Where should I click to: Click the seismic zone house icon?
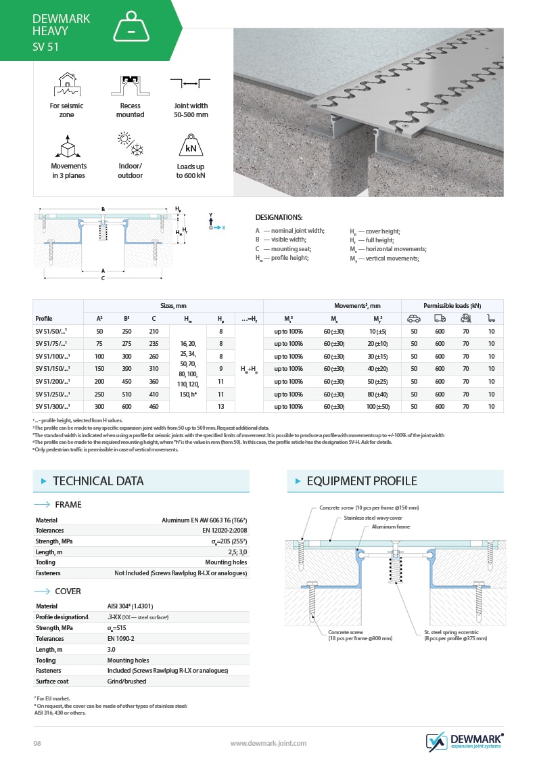pos(66,83)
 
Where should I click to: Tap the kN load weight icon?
pos(191,145)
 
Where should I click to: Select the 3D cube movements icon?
pos(68,145)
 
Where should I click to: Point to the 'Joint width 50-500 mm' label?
pos(191,110)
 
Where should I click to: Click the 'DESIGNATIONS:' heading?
pos(279,217)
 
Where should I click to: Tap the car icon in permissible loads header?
pos(414,318)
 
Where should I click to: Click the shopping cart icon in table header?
pos(491,318)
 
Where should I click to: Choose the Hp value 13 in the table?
pos(220,407)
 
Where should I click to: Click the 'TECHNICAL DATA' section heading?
pos(98,481)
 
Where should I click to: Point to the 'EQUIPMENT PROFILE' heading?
pos(362,481)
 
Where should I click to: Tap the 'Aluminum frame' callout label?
pos(391,527)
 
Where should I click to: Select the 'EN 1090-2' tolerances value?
pos(121,638)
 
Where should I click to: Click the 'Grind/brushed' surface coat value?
pos(126,681)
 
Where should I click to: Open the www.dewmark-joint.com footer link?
pos(268,743)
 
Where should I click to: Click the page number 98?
pos(38,743)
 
